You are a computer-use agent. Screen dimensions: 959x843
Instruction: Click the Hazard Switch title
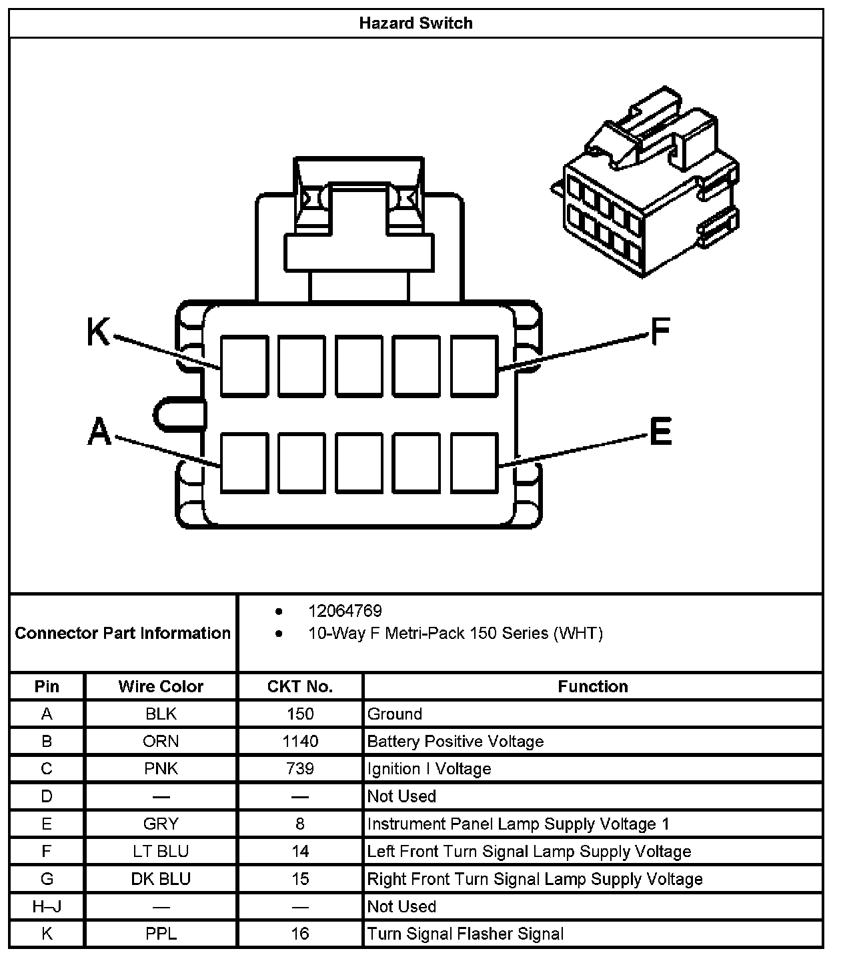point(415,23)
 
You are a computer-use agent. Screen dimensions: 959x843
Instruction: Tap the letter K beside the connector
point(99,331)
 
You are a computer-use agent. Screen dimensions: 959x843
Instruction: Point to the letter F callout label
point(660,331)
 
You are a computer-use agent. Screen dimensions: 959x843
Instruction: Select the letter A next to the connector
point(99,431)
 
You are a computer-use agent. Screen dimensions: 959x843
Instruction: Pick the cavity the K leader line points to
point(244,366)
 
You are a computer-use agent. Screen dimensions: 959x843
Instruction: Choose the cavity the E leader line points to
point(474,463)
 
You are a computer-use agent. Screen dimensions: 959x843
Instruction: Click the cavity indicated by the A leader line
point(244,463)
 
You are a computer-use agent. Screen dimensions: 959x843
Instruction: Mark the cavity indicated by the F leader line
point(474,366)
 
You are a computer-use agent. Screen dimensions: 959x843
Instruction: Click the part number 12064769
point(344,611)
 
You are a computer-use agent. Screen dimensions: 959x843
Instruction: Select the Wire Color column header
point(161,686)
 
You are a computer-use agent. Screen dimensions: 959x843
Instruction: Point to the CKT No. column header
point(300,686)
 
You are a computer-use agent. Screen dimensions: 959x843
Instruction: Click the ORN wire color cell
point(161,741)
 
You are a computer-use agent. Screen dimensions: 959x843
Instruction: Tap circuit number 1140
point(300,741)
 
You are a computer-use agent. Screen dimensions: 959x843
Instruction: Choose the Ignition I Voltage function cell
point(429,769)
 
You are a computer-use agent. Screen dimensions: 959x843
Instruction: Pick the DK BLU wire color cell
point(161,879)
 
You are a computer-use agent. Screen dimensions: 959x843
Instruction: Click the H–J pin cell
point(47,906)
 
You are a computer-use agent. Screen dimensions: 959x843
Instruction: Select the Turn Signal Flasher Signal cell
point(466,934)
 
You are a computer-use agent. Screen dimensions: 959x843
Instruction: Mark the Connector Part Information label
point(123,633)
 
